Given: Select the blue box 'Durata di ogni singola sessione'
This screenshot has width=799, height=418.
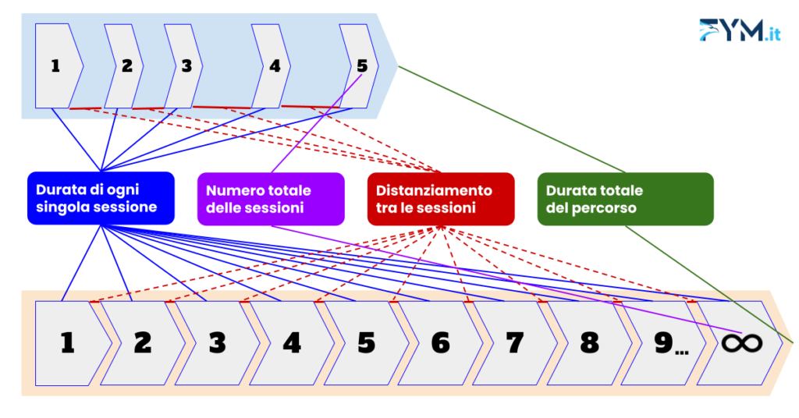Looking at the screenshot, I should [101, 198].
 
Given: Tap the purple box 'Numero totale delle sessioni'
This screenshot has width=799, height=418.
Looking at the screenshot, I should [270, 199].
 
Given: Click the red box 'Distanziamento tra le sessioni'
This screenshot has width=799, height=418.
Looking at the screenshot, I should [441, 199].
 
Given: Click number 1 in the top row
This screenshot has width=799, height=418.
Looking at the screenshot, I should [55, 66].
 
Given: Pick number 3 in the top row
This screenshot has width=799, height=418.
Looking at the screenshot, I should [186, 66].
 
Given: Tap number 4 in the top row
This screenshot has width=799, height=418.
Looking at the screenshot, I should [275, 66].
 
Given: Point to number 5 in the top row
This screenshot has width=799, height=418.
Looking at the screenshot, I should [362, 66].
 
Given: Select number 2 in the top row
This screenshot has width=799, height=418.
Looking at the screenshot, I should [127, 66].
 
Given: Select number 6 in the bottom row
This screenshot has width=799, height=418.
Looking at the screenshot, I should [440, 343].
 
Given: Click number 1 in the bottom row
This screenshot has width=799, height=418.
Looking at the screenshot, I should [68, 343].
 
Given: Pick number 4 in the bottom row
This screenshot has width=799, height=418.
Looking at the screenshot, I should [291, 343].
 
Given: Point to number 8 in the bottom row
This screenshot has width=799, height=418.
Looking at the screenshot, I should [589, 343].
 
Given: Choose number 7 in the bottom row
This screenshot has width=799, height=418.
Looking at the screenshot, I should [514, 343].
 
